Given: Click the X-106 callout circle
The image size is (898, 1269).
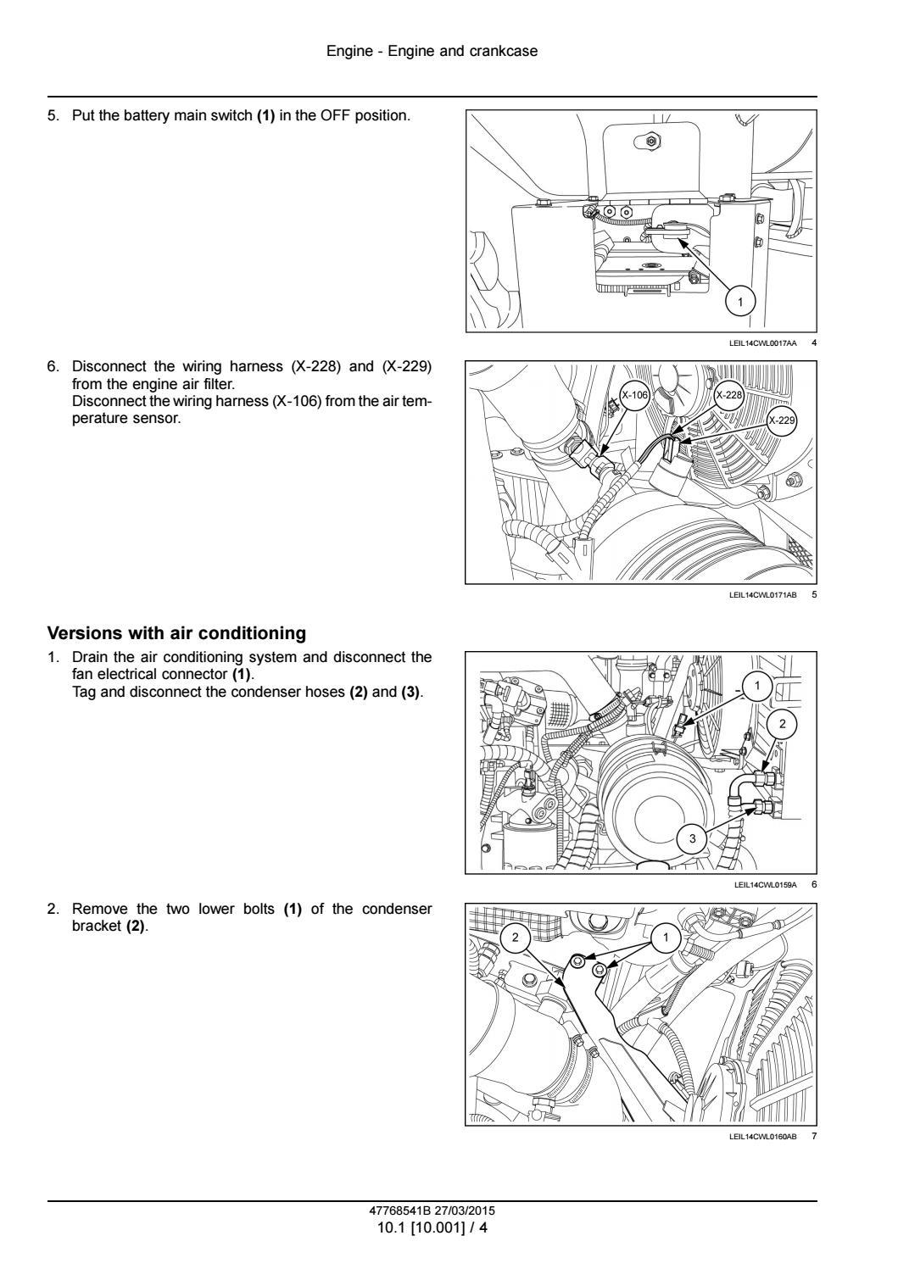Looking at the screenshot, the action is tap(634, 395).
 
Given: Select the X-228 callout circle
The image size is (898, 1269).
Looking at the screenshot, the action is tap(728, 395).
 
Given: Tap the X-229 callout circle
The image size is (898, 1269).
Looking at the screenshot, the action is tap(781, 420).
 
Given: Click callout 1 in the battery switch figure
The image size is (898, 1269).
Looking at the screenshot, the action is tap(740, 302).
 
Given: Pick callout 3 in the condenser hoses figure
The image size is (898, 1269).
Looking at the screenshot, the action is tap(692, 838).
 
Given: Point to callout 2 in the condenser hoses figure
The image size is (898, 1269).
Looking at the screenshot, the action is tap(783, 723).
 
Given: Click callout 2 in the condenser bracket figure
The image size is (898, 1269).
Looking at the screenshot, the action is tap(515, 938).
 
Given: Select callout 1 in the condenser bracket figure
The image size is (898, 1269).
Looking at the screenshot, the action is tap(665, 938).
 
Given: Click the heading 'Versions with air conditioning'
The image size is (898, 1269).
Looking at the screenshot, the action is tap(176, 632).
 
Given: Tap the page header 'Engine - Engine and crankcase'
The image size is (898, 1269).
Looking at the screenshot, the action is tap(432, 51).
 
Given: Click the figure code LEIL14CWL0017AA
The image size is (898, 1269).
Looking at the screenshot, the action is tap(762, 342).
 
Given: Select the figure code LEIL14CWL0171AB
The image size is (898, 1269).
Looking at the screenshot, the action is tap(762, 595).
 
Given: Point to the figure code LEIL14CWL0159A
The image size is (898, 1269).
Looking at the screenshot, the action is tap(765, 885).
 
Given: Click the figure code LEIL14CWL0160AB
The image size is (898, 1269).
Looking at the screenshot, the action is tap(762, 1137).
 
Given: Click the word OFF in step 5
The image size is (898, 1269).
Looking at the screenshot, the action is tap(336, 115).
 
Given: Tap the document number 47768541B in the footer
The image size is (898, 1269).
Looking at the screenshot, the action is tap(400, 1211).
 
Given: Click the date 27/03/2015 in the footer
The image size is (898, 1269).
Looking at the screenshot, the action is tap(469, 1211).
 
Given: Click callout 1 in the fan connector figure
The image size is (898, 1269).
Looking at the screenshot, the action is tap(757, 686).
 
